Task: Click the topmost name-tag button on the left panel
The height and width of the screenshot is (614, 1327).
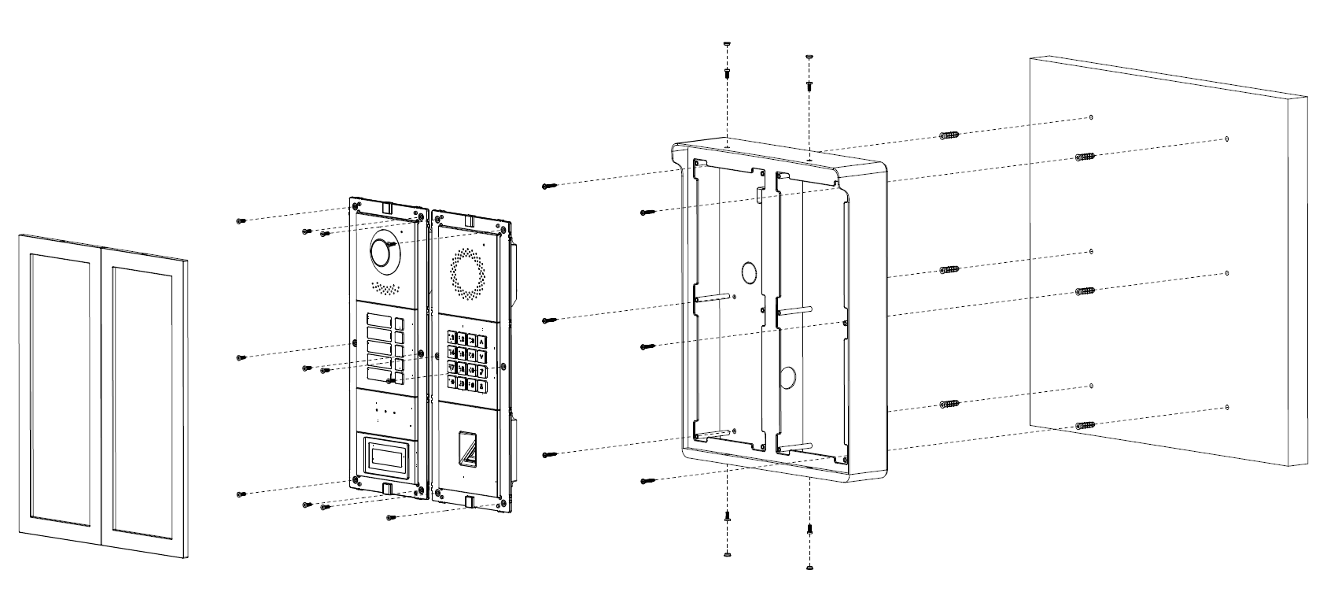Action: [x=377, y=320]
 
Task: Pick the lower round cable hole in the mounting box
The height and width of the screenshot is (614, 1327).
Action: [x=787, y=376]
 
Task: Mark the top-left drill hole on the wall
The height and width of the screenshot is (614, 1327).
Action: [x=1091, y=117]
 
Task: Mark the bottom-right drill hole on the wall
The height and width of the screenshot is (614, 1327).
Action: [x=1227, y=408]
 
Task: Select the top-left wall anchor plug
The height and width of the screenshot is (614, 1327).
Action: [x=950, y=136]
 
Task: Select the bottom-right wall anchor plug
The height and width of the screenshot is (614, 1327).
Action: [x=1086, y=426]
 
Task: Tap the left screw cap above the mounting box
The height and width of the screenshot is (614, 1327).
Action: [x=727, y=45]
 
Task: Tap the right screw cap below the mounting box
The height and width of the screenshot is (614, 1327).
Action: [x=809, y=566]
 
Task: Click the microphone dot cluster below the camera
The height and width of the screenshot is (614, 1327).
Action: [x=383, y=287]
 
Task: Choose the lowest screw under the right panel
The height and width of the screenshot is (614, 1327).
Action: [x=391, y=517]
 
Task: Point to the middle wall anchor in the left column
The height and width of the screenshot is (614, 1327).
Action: [x=950, y=270]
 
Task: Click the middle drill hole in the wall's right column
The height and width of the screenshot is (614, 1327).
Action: [x=1227, y=273]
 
